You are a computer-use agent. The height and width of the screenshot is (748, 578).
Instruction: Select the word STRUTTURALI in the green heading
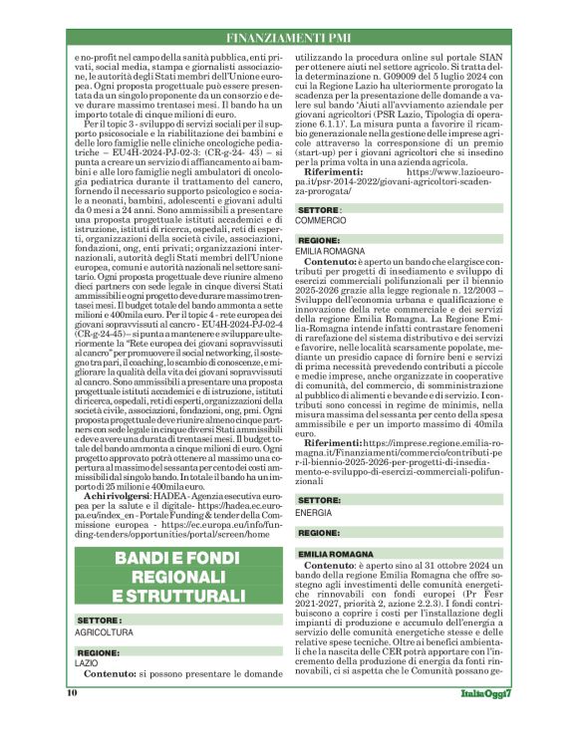click(x=187, y=596)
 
